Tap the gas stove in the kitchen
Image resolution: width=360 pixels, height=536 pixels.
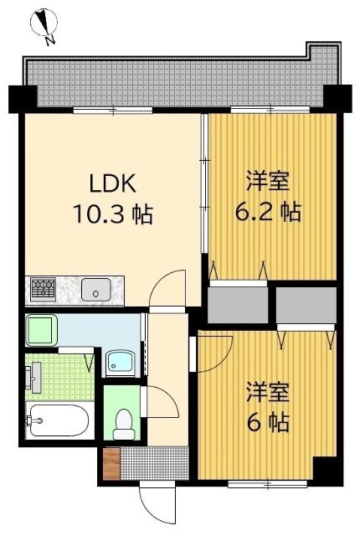click(43, 289)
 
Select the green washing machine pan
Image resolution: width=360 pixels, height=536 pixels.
click(42, 330)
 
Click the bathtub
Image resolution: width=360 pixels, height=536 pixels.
click(57, 420)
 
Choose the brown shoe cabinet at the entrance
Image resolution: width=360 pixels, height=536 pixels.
click(111, 463)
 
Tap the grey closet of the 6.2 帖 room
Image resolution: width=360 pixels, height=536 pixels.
click(238, 305)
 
